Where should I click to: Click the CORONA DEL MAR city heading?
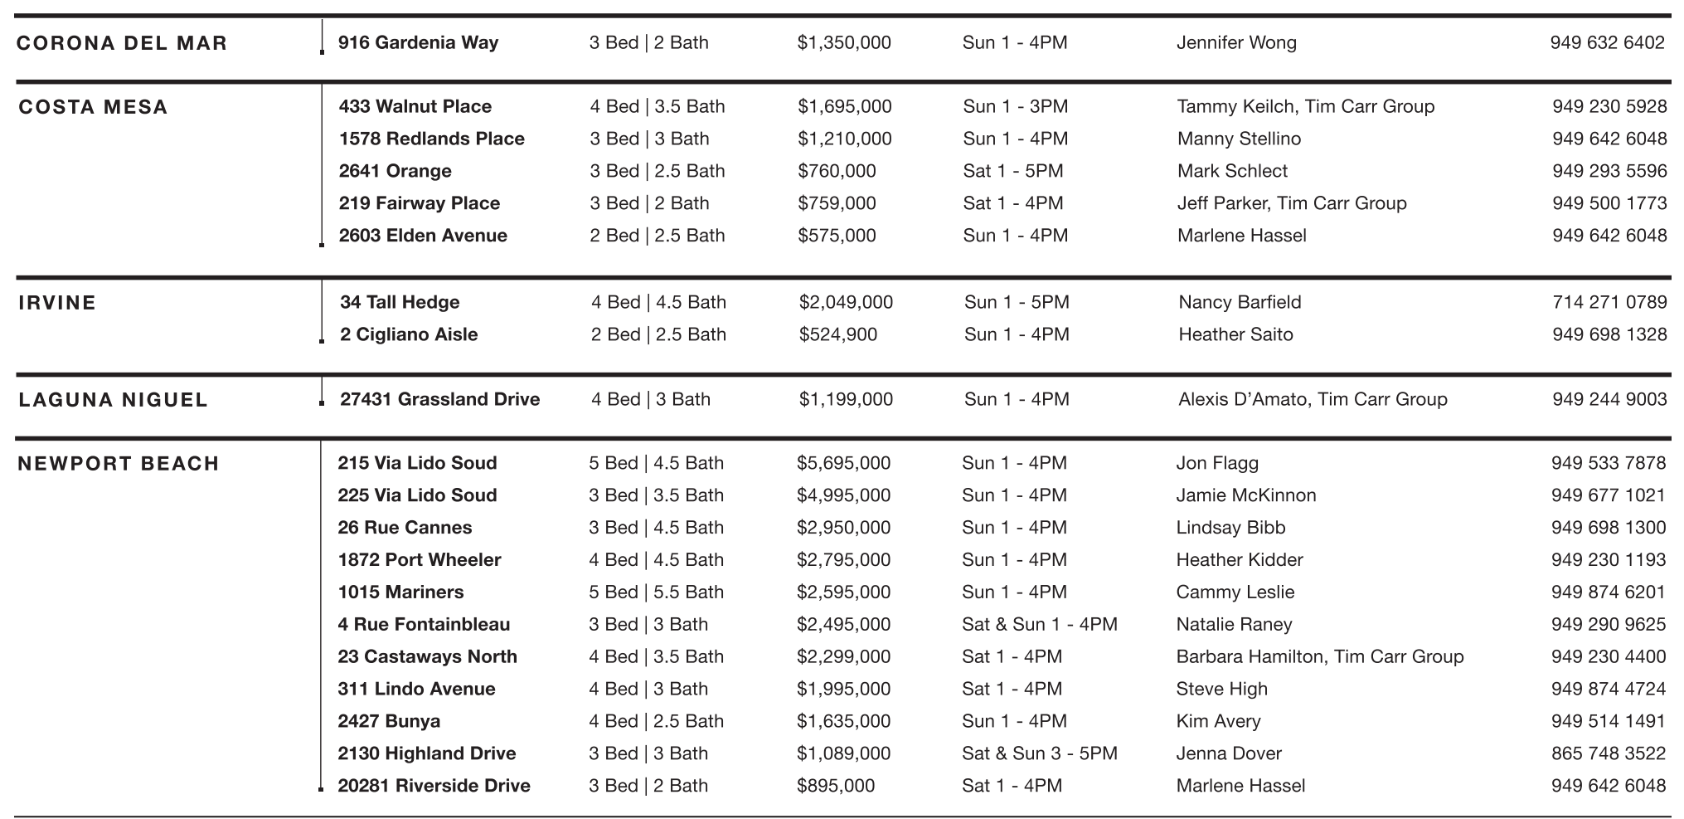pyautogui.click(x=121, y=43)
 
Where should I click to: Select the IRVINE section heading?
pyautogui.click(x=57, y=303)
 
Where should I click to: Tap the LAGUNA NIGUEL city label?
pyautogui.click(x=113, y=400)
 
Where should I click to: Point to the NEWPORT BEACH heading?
pyautogui.click(x=119, y=464)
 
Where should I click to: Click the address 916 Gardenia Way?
pyautogui.click(x=418, y=42)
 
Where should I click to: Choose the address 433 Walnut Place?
pyautogui.click(x=415, y=106)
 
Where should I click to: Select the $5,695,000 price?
pyautogui.click(x=843, y=463)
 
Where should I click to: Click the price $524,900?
pyautogui.click(x=837, y=334)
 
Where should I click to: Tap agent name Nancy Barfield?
pyautogui.click(x=1240, y=302)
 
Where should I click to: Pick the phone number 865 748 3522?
pyautogui.click(x=1608, y=753)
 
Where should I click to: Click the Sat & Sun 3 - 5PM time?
pyautogui.click(x=1039, y=753)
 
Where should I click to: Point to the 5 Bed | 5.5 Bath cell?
pyautogui.click(x=656, y=592)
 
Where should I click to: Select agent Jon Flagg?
pyautogui.click(x=1216, y=463)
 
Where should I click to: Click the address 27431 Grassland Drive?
pyautogui.click(x=439, y=399)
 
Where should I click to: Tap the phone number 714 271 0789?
pyautogui.click(x=1609, y=302)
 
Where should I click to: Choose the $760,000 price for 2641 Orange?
pyautogui.click(x=837, y=171)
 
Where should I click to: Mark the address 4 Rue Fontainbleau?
pyautogui.click(x=424, y=624)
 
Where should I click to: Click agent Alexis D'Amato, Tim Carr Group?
pyautogui.click(x=1313, y=399)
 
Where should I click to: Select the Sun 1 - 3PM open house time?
pyautogui.click(x=1015, y=106)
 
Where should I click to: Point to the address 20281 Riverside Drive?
pyautogui.click(x=434, y=786)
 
